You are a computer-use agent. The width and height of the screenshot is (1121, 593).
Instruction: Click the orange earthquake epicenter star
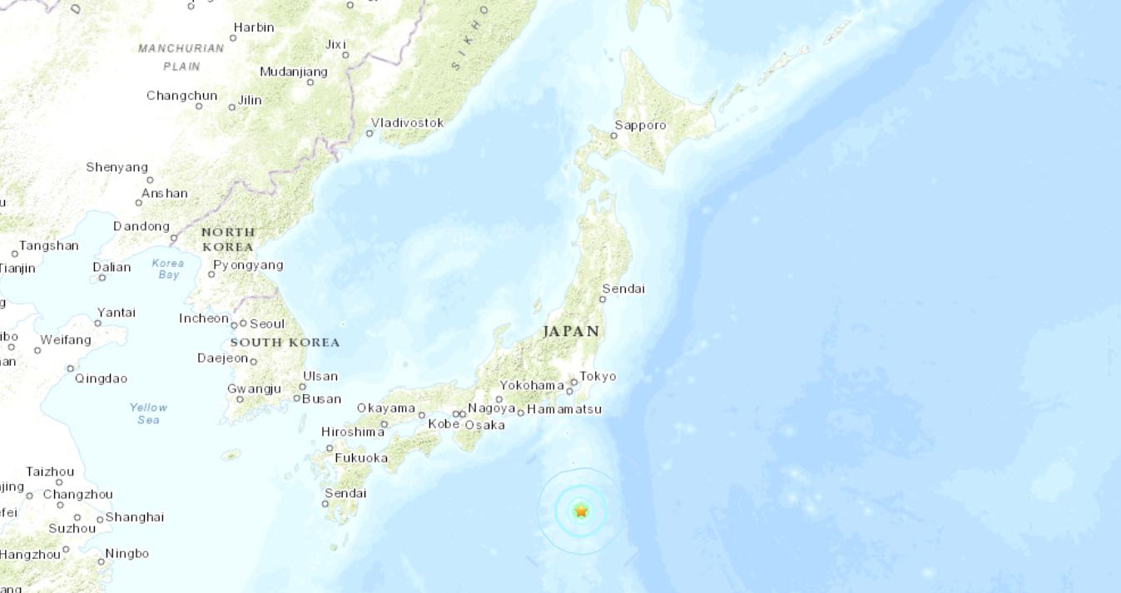tap(581, 511)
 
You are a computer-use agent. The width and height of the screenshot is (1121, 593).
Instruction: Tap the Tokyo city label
tap(598, 376)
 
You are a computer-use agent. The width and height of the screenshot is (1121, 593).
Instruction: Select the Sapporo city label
tap(640, 126)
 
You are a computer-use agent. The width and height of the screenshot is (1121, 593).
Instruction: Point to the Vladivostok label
tap(407, 123)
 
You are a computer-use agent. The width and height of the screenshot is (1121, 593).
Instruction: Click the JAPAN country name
tap(571, 331)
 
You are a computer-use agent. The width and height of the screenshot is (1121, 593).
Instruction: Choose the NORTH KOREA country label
tap(228, 240)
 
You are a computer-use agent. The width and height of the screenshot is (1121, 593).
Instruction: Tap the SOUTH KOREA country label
tap(285, 342)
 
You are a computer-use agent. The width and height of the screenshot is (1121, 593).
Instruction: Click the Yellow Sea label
tap(148, 413)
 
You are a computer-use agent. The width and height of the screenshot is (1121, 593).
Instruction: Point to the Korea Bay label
tap(168, 269)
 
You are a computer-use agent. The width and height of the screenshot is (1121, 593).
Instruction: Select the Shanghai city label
tap(135, 517)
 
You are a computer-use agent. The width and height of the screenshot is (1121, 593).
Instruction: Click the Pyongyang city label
tap(248, 265)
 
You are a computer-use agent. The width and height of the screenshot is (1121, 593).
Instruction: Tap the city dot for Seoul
tap(243, 324)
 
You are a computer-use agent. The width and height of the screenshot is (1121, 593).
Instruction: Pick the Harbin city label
tap(254, 27)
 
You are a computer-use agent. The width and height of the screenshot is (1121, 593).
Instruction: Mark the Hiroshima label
tap(353, 432)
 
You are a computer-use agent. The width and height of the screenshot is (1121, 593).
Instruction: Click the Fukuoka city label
tap(361, 457)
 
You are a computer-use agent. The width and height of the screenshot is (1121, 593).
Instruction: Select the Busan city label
tap(321, 398)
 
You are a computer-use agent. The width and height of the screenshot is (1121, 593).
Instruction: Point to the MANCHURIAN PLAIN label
tap(181, 57)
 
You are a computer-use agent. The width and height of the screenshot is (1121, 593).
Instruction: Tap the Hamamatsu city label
tap(564, 409)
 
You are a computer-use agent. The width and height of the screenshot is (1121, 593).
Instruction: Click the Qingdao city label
tap(102, 378)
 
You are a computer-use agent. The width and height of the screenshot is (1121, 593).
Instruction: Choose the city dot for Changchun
tap(199, 106)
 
